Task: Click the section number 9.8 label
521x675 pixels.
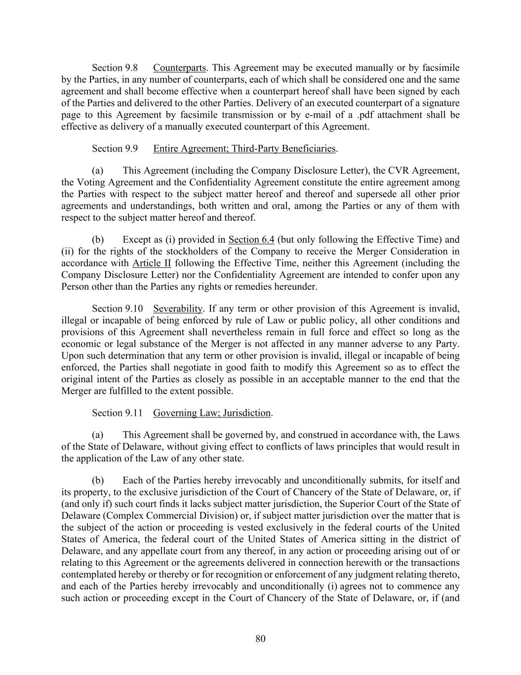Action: point(115,68)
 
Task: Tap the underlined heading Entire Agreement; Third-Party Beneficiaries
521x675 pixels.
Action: point(244,149)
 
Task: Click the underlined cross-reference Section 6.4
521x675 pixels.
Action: point(251,240)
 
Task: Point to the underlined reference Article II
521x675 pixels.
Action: point(152,264)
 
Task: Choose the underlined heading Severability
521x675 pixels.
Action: point(178,309)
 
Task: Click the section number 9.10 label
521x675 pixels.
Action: point(117,309)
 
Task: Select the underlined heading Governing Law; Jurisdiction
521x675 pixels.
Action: point(212,413)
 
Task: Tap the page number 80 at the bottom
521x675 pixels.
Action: point(261,639)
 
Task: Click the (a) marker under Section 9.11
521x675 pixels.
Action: point(98,435)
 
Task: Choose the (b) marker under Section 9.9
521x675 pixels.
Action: point(98,240)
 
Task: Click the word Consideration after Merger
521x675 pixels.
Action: point(419,252)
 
